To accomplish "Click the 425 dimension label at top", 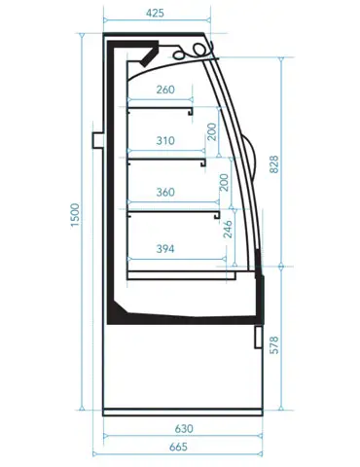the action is click(x=155, y=13).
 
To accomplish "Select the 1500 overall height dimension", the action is click(x=75, y=215).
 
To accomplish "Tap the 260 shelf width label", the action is click(x=165, y=90).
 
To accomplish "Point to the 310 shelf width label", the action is click(x=165, y=141).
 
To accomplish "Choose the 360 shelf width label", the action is click(x=165, y=192).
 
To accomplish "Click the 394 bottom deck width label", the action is click(x=165, y=249).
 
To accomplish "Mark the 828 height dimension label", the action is click(x=274, y=164).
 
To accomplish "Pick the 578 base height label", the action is click(x=274, y=345).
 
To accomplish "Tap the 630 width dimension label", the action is click(x=184, y=429).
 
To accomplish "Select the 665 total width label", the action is click(x=178, y=447).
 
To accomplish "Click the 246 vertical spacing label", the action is click(x=229, y=229).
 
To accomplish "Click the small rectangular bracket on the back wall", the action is click(x=97, y=140).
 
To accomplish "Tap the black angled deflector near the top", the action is click(x=150, y=55).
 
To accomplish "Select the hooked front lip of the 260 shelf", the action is click(x=191, y=112).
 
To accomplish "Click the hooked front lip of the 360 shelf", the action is click(x=217, y=215).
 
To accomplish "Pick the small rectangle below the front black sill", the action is click(x=258, y=337).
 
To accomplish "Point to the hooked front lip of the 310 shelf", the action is click(x=203, y=162).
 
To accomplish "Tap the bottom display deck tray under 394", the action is click(x=182, y=275).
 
